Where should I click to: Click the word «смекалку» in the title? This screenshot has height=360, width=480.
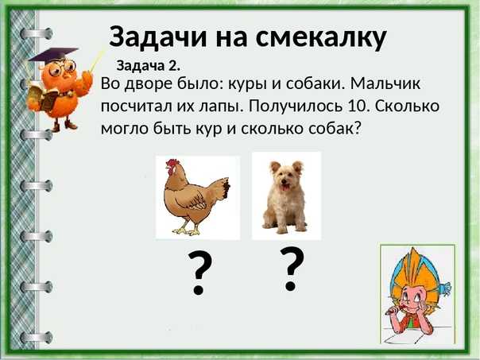pyautogui.click(x=321, y=37)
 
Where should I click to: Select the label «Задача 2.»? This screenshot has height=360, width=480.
pyautogui.click(x=148, y=66)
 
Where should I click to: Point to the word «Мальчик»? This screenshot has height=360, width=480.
pyautogui.click(x=385, y=83)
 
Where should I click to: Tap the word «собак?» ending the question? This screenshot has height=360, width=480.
pyautogui.click(x=335, y=128)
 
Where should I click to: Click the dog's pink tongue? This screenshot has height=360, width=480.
pyautogui.click(x=285, y=187)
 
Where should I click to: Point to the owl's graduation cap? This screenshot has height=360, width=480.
pyautogui.click(x=52, y=55)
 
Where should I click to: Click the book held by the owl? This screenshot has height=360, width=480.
pyautogui.click(x=43, y=97)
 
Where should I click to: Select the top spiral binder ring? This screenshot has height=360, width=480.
pyautogui.click(x=36, y=33)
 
